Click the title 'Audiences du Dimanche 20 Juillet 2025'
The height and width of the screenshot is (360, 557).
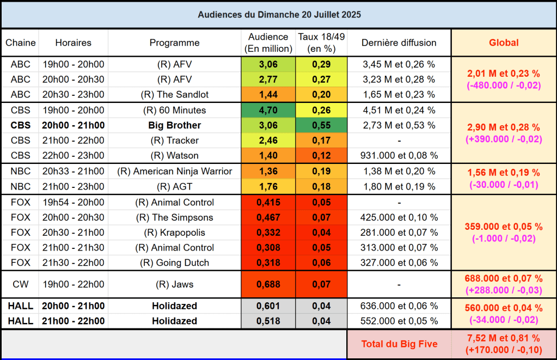pyautogui.click(x=279, y=14)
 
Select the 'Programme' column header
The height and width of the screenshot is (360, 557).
pyautogui.click(x=174, y=42)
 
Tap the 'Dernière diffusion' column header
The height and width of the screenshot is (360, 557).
pyautogui.click(x=399, y=42)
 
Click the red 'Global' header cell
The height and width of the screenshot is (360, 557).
pyautogui.click(x=504, y=42)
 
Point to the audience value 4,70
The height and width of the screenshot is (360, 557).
pyautogui.click(x=268, y=110)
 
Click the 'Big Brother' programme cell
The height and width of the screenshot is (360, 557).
pyautogui.click(x=174, y=125)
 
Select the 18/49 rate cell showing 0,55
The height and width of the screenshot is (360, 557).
pyautogui.click(x=321, y=125)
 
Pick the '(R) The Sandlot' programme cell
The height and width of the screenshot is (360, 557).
pyautogui.click(x=174, y=94)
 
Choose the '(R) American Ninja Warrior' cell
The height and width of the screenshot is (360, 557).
pyautogui.click(x=174, y=172)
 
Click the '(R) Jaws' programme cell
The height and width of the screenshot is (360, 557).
pyautogui.click(x=174, y=284)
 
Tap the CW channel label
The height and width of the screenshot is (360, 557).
pyautogui.click(x=20, y=284)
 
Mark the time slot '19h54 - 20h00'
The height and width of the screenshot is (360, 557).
pyautogui.click(x=74, y=203)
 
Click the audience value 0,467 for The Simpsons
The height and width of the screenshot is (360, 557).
pyautogui.click(x=268, y=218)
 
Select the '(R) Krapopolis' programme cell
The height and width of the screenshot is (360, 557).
pyautogui.click(x=174, y=233)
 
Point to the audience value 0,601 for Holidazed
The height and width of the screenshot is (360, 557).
pyautogui.click(x=268, y=306)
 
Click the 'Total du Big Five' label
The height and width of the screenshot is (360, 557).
pyautogui.click(x=399, y=344)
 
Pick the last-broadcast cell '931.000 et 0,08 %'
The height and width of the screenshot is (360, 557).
pyautogui.click(x=399, y=155)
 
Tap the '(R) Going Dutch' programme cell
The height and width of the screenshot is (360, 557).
pyautogui.click(x=174, y=263)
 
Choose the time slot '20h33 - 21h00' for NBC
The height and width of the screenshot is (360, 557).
pyautogui.click(x=74, y=172)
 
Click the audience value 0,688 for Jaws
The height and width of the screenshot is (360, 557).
pyautogui.click(x=268, y=284)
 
